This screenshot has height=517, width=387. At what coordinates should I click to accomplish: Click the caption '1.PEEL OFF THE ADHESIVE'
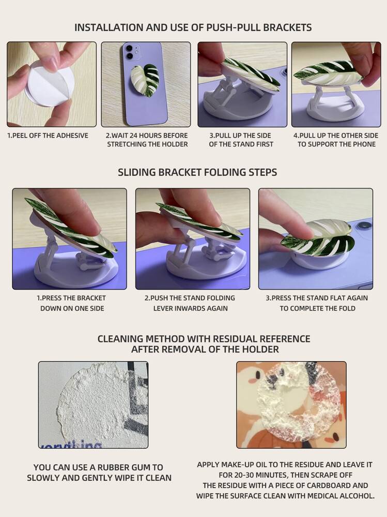point(48,136)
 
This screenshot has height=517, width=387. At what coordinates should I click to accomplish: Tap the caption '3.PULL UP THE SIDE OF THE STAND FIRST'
point(241,140)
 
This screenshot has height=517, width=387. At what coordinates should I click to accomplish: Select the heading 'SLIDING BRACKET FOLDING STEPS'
point(197,172)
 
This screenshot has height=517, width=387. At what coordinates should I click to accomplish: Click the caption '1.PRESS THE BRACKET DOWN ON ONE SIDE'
point(71,303)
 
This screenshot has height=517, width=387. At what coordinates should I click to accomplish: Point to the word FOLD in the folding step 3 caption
point(347,308)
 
